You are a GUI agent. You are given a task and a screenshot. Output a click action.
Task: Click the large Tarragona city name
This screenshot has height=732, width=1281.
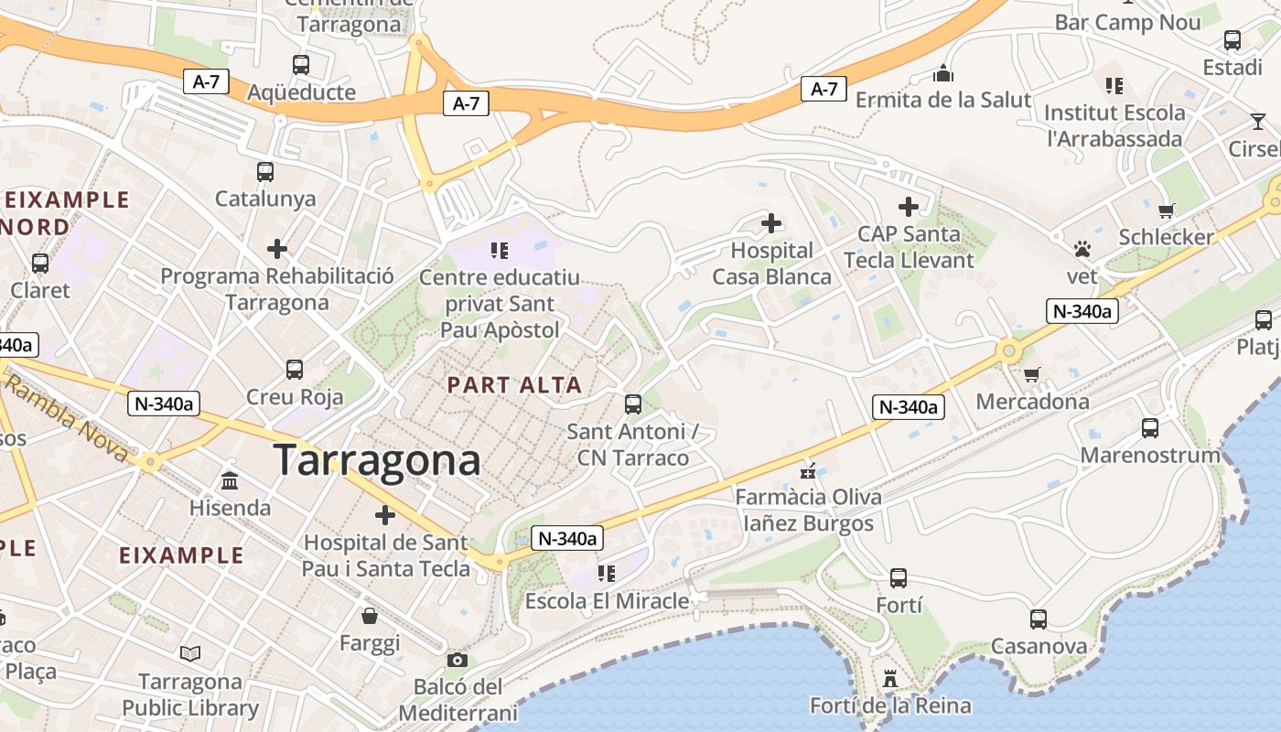tap(377, 459)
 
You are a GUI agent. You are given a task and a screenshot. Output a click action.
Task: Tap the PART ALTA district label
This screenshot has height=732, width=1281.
tap(514, 385)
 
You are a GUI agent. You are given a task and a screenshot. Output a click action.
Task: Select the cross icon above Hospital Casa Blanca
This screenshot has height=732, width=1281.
tap(771, 222)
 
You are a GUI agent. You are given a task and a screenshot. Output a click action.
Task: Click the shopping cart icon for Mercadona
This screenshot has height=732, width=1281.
tap(1032, 374)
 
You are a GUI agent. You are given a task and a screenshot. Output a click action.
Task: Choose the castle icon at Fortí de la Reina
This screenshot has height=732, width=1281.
tap(889, 679)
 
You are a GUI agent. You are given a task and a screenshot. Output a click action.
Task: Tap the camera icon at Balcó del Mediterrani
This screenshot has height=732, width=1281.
tap(457, 660)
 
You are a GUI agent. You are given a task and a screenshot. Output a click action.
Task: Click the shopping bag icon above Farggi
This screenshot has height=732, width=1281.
tap(370, 616)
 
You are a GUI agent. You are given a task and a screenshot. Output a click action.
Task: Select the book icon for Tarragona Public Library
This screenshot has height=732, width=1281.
tap(190, 654)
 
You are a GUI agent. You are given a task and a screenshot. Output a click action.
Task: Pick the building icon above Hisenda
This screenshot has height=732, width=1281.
tap(230, 480)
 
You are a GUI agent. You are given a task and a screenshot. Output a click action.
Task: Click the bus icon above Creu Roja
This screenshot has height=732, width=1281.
tap(294, 370)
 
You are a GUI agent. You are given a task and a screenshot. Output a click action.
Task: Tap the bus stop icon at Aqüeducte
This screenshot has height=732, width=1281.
tap(301, 65)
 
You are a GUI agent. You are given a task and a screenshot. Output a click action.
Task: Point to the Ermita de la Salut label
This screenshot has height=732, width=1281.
tap(943, 100)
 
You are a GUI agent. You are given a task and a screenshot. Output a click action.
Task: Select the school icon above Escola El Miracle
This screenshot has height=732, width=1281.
tap(606, 574)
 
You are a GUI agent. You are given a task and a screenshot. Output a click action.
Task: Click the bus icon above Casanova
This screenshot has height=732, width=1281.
tap(1039, 619)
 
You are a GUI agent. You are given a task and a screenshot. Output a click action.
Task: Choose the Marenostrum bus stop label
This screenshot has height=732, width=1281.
tap(1150, 455)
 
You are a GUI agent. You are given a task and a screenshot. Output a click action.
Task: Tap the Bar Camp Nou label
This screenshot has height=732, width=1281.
tap(1127, 23)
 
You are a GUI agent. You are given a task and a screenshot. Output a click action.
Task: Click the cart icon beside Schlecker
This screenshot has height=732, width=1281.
tap(1167, 210)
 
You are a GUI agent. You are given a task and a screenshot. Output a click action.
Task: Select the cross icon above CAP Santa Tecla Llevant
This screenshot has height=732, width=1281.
tap(908, 207)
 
